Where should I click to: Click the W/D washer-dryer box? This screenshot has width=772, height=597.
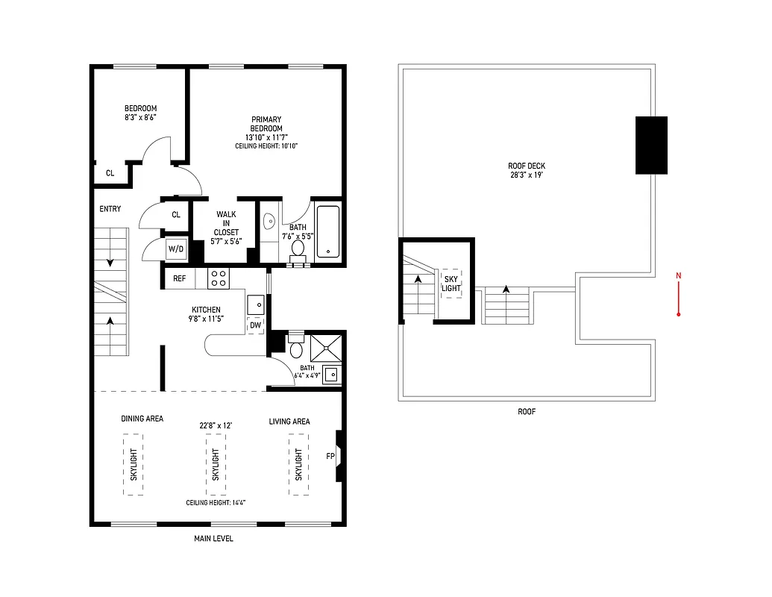pos(176,249)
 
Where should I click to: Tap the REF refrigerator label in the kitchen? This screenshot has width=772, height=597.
pos(180,278)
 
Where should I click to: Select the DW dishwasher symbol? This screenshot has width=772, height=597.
pos(255,325)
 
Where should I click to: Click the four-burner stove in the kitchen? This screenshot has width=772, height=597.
pos(219,278)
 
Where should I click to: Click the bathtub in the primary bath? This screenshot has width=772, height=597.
pos(328,231)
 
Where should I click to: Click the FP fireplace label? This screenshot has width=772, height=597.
pos(330,456)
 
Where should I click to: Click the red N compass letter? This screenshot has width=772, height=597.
pos(678,276)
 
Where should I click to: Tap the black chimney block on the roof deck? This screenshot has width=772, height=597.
pos(651,145)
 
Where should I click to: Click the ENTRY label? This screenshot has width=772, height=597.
pos(110,209)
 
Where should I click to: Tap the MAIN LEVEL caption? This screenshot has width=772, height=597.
pos(213,538)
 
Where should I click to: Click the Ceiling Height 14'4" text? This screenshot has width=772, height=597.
pos(216,503)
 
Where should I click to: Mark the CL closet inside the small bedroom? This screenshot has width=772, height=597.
pos(110,173)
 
